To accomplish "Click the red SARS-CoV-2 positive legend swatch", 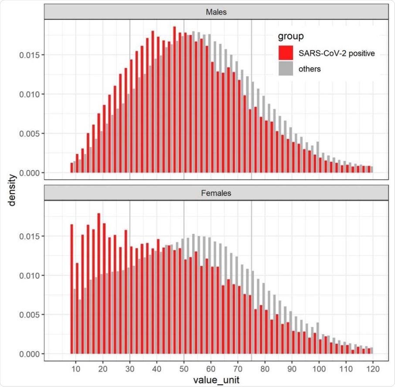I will tap(286, 54).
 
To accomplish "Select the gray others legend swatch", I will tap(286, 68).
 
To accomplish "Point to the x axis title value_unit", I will tap(216, 380).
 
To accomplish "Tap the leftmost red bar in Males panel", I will tap(72, 168).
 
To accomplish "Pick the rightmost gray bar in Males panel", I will tap(372, 169).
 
